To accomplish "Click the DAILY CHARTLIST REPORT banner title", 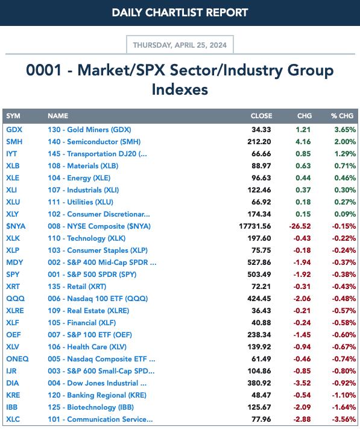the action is point(180,13).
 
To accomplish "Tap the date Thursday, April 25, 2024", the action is point(180,45).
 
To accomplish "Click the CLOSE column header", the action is point(261,116).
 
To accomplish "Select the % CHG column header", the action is point(343,116).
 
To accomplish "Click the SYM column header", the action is point(13,116).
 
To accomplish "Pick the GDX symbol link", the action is point(14,130).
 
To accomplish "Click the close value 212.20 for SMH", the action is point(259,142).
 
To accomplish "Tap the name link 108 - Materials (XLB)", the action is point(83,166).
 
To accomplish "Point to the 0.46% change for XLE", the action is point(345,178).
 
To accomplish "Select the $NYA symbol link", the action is point(16,226).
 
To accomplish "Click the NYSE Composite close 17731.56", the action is point(255,226).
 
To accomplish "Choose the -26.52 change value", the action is point(300,226).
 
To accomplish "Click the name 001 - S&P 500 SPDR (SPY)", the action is point(92,275).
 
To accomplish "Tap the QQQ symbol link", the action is point(15,299).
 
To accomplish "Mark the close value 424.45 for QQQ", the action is point(259,299).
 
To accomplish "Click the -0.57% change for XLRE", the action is point(344,311).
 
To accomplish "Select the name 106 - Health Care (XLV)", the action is point(87,347).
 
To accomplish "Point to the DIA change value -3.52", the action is point(302,383).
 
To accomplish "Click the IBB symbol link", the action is point(11,407).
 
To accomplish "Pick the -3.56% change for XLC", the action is point(344,419).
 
